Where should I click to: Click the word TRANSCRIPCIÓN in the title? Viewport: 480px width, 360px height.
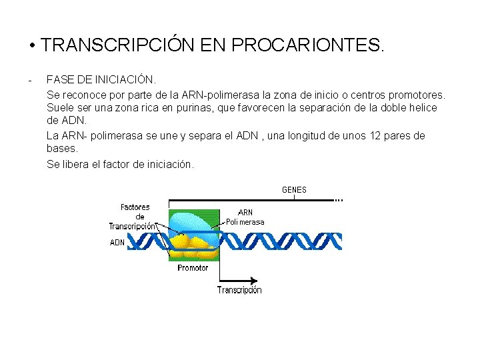117,45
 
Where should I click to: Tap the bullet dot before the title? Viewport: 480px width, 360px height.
32,46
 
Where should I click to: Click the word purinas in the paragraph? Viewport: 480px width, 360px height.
180,108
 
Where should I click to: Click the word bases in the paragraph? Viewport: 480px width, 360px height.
61,149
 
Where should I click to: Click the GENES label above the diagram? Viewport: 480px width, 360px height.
294,190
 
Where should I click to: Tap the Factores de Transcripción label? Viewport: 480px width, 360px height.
134,217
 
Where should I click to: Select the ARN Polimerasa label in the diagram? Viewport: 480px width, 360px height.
245,217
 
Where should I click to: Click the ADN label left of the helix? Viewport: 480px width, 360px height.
117,243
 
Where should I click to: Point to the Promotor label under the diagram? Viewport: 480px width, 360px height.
193,268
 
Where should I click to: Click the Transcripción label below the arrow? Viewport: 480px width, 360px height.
239,290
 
